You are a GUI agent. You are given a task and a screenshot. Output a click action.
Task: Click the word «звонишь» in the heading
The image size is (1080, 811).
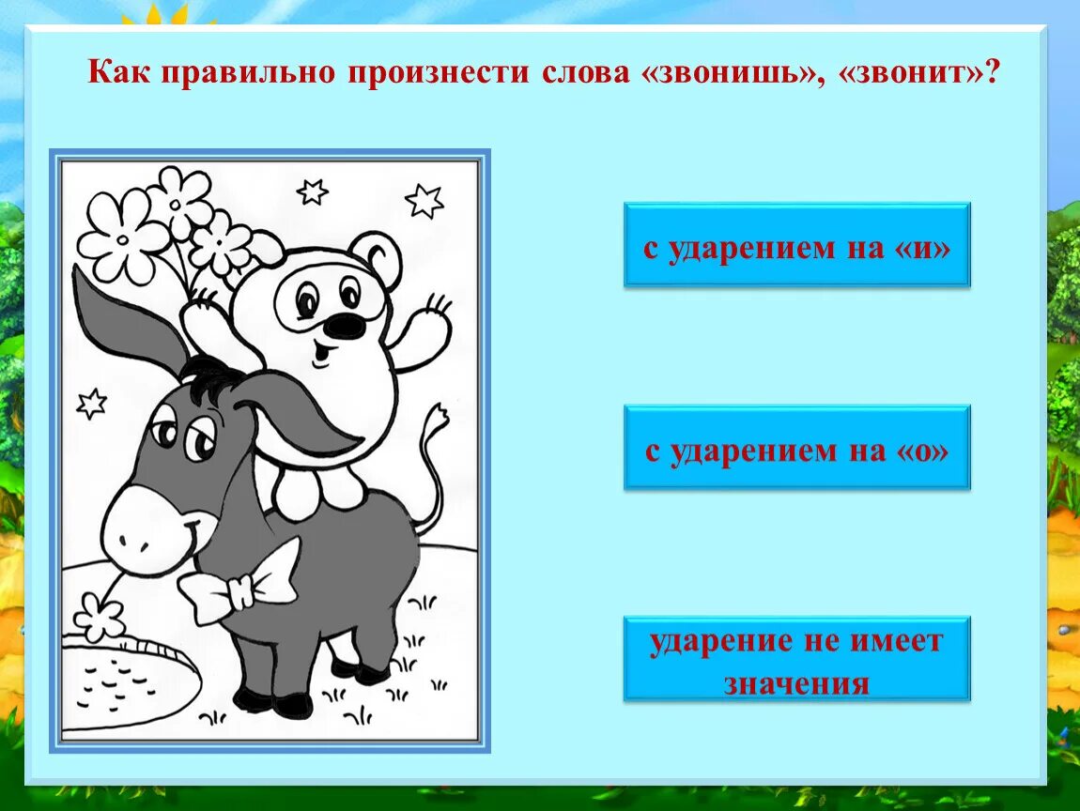coord(729,72)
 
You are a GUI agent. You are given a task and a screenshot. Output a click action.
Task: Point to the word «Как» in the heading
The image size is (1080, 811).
coord(120,72)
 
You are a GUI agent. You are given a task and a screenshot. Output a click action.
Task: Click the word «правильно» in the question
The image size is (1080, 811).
coord(246,72)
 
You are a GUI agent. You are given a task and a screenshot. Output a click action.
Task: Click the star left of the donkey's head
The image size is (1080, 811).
coord(91,404)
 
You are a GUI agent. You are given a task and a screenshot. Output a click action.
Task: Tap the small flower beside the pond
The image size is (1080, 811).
coord(99,617)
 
